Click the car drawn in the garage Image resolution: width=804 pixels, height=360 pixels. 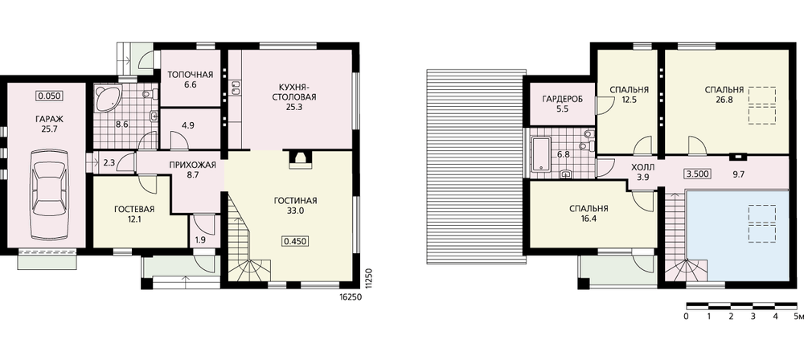49,194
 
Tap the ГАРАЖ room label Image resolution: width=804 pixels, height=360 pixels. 47,120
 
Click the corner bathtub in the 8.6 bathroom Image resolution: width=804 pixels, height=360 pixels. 107,99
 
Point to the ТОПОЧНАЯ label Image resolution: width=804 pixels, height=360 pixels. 190,76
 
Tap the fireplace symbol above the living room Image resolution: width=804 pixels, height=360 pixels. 298,159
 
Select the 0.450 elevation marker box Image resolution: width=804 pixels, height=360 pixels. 296,241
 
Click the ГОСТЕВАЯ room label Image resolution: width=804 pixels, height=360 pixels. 134,209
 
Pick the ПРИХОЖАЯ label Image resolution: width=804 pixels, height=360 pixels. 193,165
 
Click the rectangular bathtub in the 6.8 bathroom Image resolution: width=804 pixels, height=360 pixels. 541,153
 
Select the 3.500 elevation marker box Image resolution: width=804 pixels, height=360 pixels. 698,174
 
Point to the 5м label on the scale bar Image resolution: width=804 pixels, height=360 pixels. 798,316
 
